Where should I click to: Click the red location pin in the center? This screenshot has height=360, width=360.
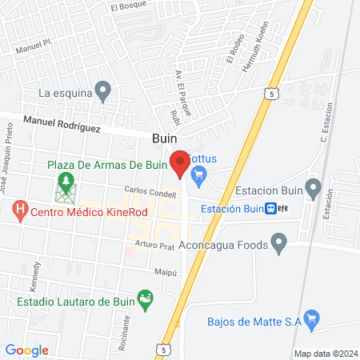[x=179, y=162]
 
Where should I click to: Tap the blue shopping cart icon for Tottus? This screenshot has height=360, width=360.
[x=200, y=174]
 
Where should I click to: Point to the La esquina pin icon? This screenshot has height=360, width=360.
[x=102, y=90]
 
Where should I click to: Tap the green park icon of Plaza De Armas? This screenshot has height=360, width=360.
[x=64, y=191]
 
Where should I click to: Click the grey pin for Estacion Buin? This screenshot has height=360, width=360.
[x=313, y=190]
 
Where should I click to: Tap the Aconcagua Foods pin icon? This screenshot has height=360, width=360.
[x=278, y=242]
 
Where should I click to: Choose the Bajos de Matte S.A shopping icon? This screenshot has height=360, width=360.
[x=312, y=322]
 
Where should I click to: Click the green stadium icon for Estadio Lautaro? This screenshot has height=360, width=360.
[x=145, y=302]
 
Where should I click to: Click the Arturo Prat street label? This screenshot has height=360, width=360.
[x=154, y=245]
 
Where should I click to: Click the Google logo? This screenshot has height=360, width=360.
[x=27, y=350]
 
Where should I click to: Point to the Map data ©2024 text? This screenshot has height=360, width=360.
[x=325, y=354]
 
